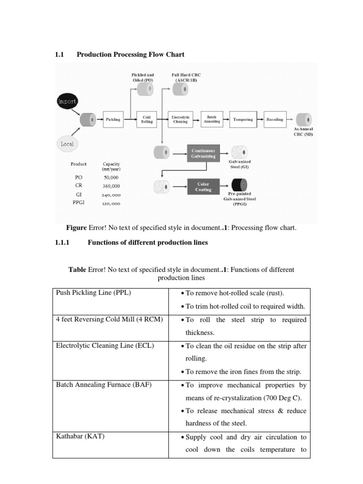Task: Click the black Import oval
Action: tap(67, 101)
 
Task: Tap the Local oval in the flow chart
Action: tap(67, 143)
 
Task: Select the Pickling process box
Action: tap(113, 120)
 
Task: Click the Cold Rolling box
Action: tap(147, 120)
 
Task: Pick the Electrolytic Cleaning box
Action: tap(180, 120)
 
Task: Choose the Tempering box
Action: tap(243, 120)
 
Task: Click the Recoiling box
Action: tap(275, 120)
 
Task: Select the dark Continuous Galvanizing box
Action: tap(203, 153)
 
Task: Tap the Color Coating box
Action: tap(203, 186)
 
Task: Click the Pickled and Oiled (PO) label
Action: tap(142, 78)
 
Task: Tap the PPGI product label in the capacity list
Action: tap(78, 204)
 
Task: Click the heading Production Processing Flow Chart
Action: tap(130, 54)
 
